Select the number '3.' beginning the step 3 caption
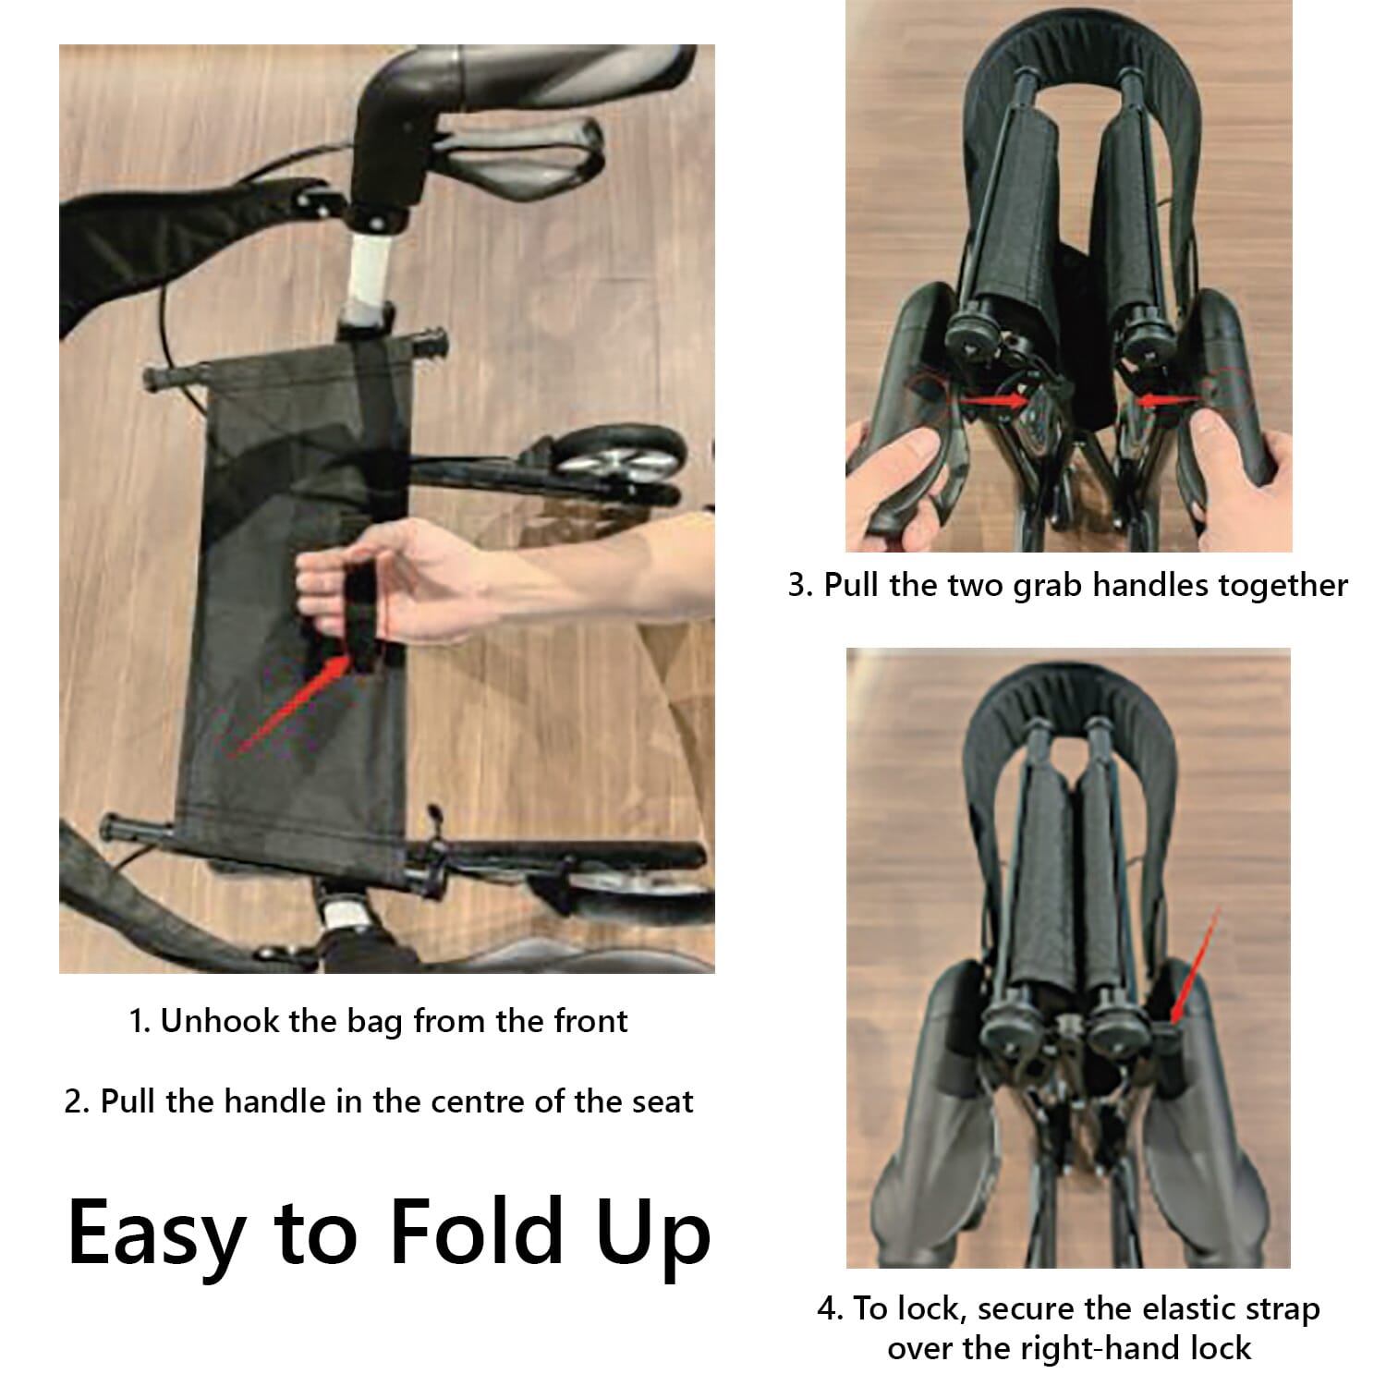point(800,585)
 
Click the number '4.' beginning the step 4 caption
point(830,1308)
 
